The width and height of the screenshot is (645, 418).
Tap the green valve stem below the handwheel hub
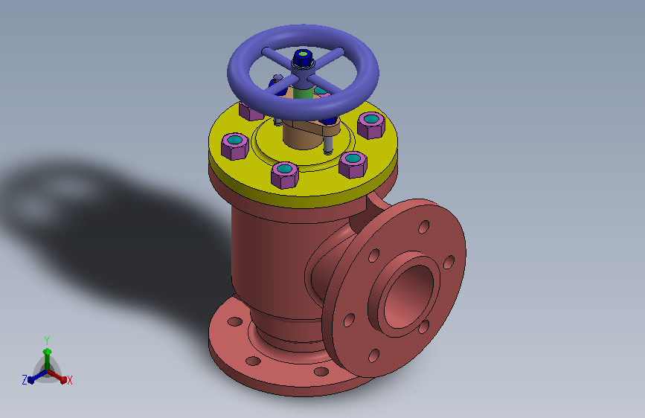[303, 93]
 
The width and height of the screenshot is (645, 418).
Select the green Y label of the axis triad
[47, 340]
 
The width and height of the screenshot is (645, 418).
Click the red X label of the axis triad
[69, 381]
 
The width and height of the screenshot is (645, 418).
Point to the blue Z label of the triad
[25, 380]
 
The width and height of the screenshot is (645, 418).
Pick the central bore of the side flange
[408, 296]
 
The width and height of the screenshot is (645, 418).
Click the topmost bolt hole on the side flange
[424, 227]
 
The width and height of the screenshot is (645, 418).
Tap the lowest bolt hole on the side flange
[374, 356]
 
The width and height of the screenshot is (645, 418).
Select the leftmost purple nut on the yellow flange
[235, 146]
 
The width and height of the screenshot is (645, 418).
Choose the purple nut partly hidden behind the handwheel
[251, 111]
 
